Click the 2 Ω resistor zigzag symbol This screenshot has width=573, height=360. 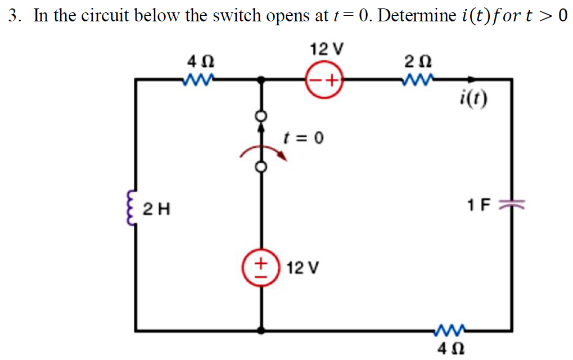pyautogui.click(x=417, y=81)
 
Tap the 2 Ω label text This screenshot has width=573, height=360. pyautogui.click(x=417, y=61)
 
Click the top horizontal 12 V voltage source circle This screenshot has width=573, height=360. pyautogui.click(x=324, y=81)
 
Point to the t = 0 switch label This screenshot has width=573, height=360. pyautogui.click(x=303, y=137)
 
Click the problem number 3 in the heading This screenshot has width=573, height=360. pyautogui.click(x=14, y=16)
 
